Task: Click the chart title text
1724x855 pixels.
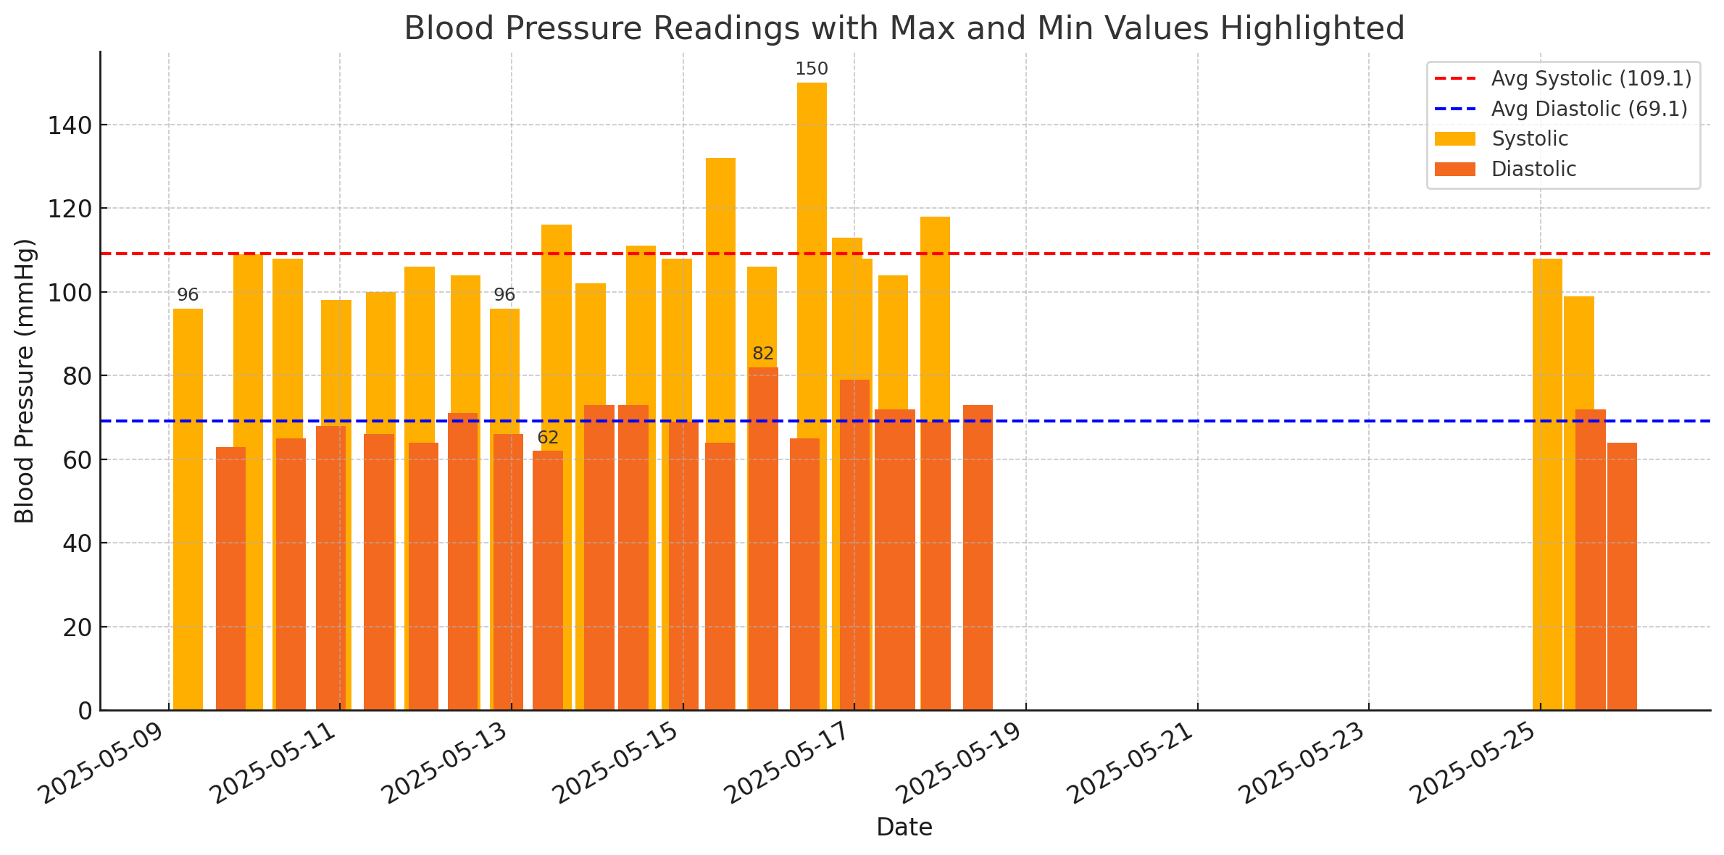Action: coord(904,29)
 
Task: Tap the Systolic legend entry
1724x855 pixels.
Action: coord(1529,138)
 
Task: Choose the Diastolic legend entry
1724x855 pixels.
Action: coord(1533,169)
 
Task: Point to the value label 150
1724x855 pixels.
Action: coord(811,70)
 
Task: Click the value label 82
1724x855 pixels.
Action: coord(763,354)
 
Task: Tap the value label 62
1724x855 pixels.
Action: coord(548,438)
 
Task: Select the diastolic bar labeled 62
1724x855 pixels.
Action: coord(548,580)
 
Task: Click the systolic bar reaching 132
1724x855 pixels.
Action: coord(720,290)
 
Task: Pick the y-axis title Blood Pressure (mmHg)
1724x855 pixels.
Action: coord(25,381)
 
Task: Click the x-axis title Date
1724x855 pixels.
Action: coord(904,827)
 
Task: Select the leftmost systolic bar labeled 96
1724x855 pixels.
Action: coord(188,507)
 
